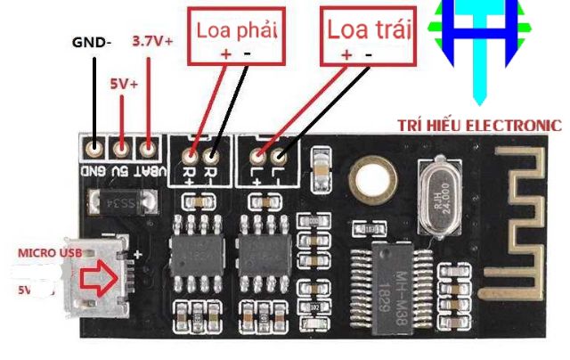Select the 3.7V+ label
tap(152, 41)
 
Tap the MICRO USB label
tap(51, 254)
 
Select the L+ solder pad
tap(256, 157)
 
